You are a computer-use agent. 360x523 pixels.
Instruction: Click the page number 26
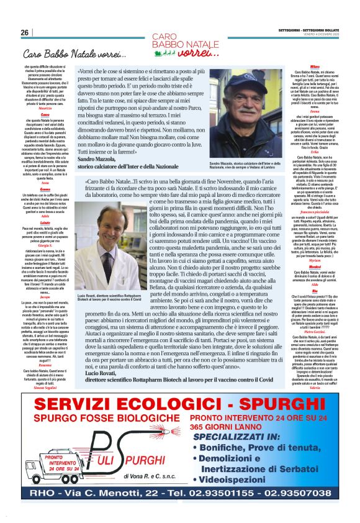pos(25,32)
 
